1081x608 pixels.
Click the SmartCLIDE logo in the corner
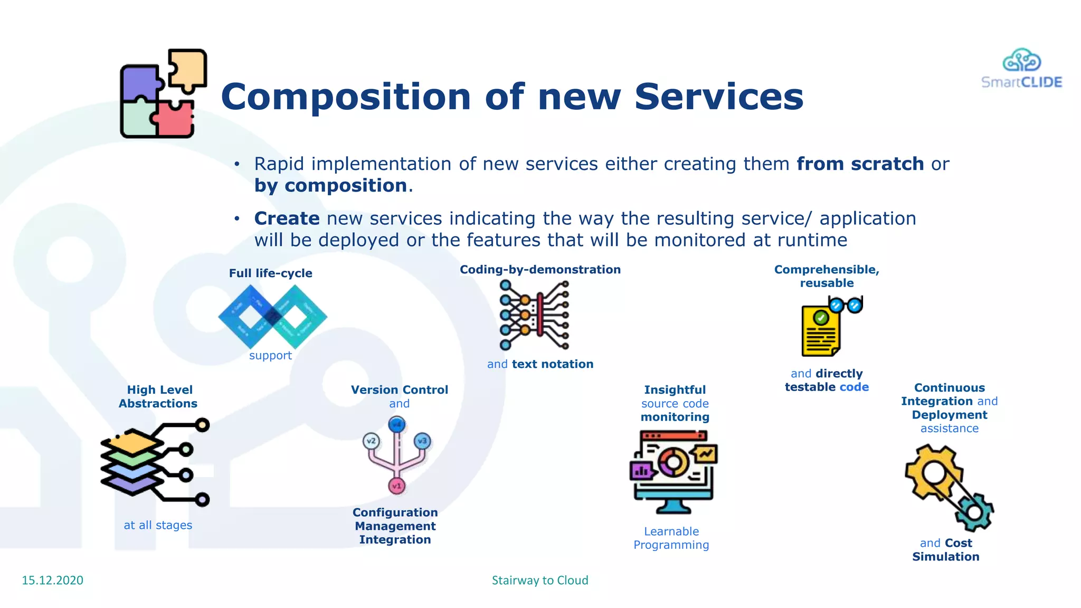[1021, 69]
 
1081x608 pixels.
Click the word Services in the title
[718, 97]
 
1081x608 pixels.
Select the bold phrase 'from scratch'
[860, 164]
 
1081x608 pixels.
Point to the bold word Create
[287, 218]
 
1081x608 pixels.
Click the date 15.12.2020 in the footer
[52, 580]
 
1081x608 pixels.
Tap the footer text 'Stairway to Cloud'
[539, 580]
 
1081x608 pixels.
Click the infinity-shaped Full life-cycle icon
[272, 317]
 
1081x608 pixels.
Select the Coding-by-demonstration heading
[539, 270]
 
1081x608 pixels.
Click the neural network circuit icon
[534, 315]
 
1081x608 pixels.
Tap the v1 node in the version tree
[396, 486]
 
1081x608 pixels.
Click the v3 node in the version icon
[422, 441]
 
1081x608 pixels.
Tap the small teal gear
[974, 511]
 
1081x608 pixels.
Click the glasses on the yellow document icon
[846, 305]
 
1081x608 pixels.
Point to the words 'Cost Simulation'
[946, 550]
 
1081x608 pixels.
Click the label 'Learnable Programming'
[671, 538]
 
